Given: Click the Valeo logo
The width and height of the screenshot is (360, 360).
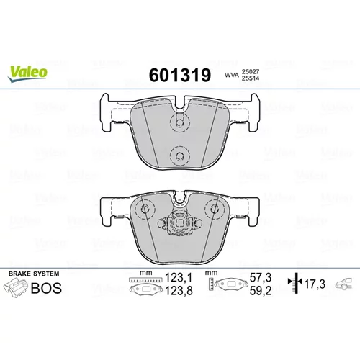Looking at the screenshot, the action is [27, 73].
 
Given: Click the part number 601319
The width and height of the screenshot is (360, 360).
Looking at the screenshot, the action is [180, 75].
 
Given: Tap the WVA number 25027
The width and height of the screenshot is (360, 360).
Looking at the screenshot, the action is [251, 72].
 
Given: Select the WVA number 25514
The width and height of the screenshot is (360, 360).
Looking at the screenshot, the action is [251, 78].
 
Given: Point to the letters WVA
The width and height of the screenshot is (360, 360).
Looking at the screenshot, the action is [232, 75].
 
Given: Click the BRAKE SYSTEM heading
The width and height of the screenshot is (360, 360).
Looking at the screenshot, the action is [34, 274].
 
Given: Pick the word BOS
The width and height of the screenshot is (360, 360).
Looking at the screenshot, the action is [46, 288].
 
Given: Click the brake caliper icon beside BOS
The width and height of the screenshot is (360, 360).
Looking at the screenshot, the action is [15, 288].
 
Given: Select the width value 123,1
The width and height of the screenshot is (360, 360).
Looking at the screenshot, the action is [179, 278].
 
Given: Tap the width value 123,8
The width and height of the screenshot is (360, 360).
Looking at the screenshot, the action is [179, 291].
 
